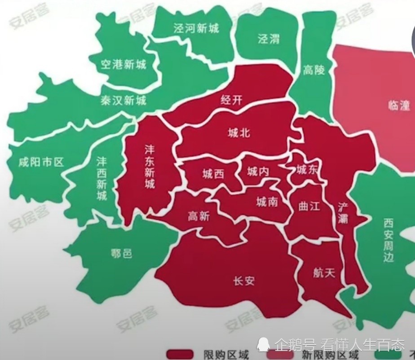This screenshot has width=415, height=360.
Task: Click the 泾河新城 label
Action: pyautogui.click(x=196, y=29)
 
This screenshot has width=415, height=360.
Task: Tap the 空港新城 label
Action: pyautogui.click(x=124, y=64)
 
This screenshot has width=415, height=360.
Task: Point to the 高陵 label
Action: pyautogui.click(x=313, y=70)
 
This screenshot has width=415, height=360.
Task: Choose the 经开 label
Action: pyautogui.click(x=231, y=100)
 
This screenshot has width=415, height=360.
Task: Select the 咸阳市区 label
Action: pyautogui.click(x=42, y=162)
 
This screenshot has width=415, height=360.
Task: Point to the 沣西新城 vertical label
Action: pyautogui.click(x=102, y=178)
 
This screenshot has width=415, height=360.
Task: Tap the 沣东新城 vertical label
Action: pyautogui.click(x=150, y=166)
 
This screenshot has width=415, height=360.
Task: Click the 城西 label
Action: pyautogui.click(x=213, y=174)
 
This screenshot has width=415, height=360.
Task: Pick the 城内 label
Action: pyautogui.click(x=258, y=171)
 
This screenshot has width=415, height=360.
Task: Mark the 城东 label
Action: pyautogui.click(x=307, y=169)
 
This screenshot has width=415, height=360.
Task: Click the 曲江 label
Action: pyautogui.click(x=309, y=206)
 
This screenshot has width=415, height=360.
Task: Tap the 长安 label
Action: pyautogui.click(x=244, y=281)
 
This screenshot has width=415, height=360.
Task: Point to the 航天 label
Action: pyautogui.click(x=324, y=272)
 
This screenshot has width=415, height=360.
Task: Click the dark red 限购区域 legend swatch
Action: pyautogui.click(x=180, y=354)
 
